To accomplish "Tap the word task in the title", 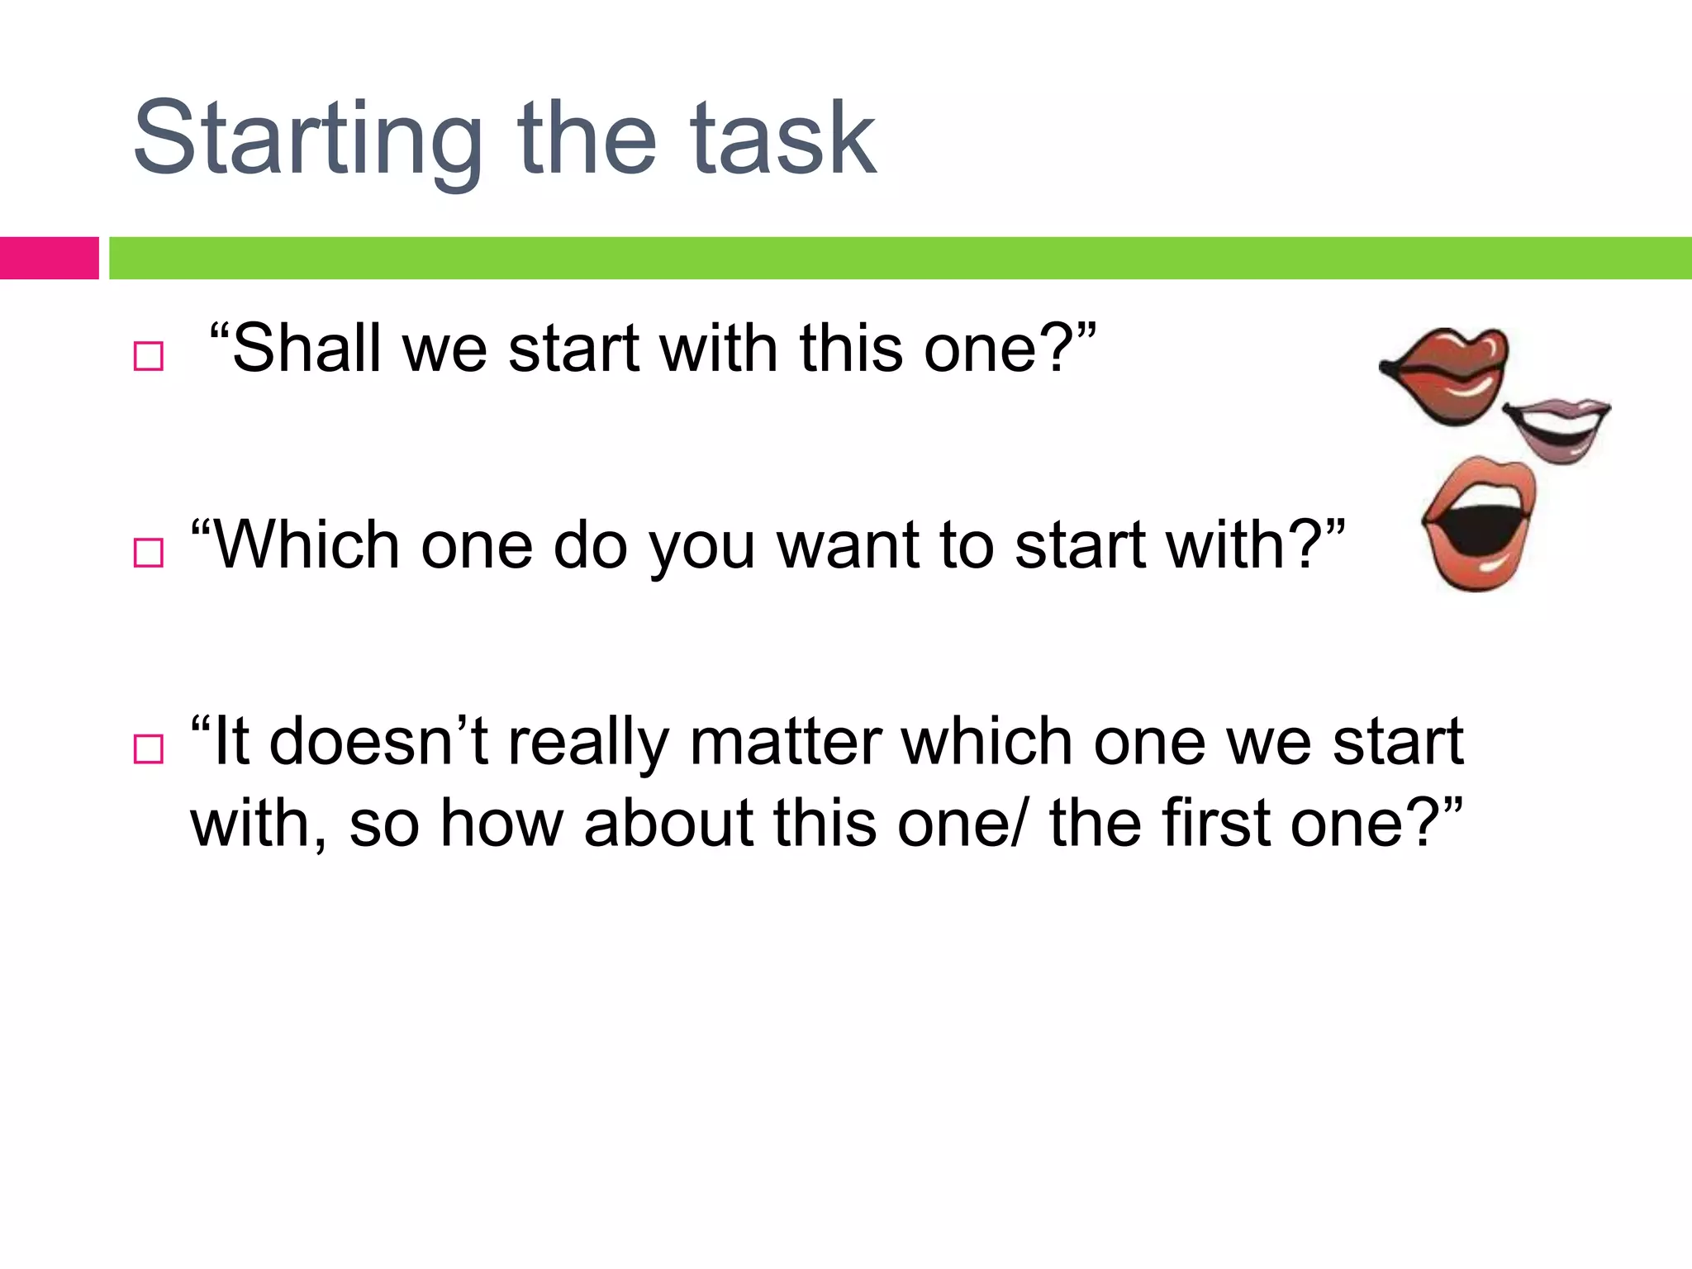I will click(782, 139).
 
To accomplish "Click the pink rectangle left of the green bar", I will click(49, 258).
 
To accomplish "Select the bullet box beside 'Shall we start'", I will click(148, 356).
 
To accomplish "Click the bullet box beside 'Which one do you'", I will click(148, 552).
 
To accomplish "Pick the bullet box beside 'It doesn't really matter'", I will click(148, 749).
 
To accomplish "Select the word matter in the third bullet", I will click(786, 741).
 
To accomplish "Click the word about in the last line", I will click(668, 824).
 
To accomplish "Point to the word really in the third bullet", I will click(587, 741).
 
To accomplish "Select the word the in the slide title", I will click(586, 139).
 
